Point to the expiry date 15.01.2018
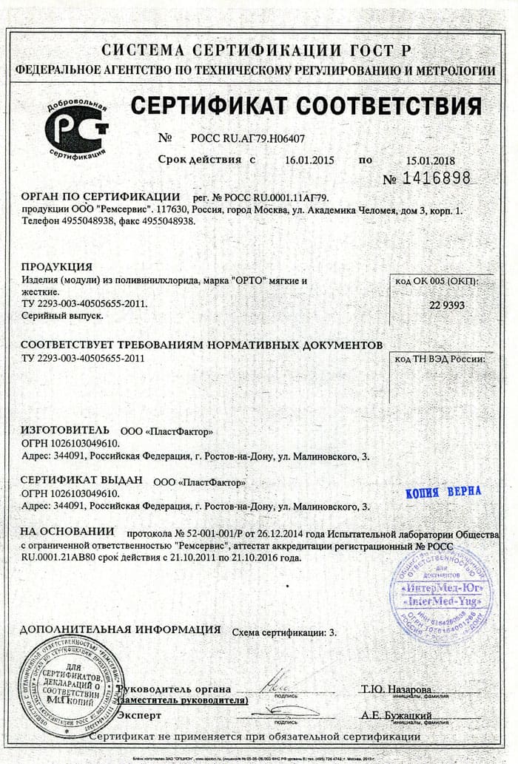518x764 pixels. tap(430, 160)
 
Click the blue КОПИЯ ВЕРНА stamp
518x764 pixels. tap(444, 491)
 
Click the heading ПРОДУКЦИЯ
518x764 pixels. tap(56, 266)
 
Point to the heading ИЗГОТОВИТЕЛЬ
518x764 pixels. tap(65, 430)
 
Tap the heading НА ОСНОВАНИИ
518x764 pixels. tap(67, 531)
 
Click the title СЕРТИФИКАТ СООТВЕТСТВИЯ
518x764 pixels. tap(306, 107)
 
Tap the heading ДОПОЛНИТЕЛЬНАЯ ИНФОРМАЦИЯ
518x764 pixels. tap(120, 629)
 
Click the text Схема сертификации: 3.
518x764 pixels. tap(284, 633)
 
